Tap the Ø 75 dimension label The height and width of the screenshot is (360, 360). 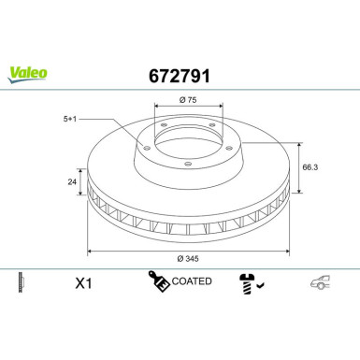(186, 99)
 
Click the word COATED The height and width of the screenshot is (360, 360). (193, 281)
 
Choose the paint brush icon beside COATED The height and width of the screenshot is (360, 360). (156, 281)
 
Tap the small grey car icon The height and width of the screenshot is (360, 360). (321, 281)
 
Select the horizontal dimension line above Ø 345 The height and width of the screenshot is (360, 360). (188, 250)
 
